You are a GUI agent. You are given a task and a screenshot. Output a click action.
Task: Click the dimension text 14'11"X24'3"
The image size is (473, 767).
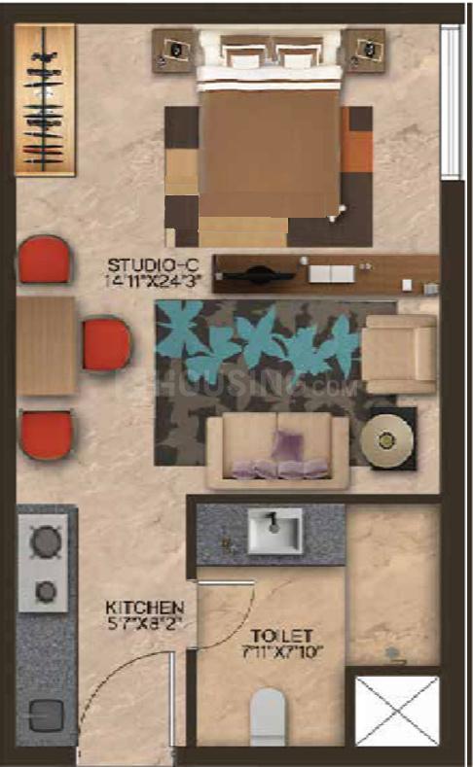pos(149,281)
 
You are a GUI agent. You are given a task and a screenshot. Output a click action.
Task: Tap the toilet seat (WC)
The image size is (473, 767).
pos(270,718)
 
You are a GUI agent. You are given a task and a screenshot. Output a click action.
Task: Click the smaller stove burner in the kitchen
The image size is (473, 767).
pos(45,590)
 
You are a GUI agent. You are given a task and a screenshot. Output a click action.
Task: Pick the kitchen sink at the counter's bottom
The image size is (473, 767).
pos(44,715)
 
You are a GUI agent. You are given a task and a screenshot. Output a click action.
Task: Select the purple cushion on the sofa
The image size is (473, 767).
pos(286,448)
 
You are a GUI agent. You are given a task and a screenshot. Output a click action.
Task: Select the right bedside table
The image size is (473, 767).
pos(366,50)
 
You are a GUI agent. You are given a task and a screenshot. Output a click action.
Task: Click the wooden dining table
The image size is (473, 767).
pos(45,345)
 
